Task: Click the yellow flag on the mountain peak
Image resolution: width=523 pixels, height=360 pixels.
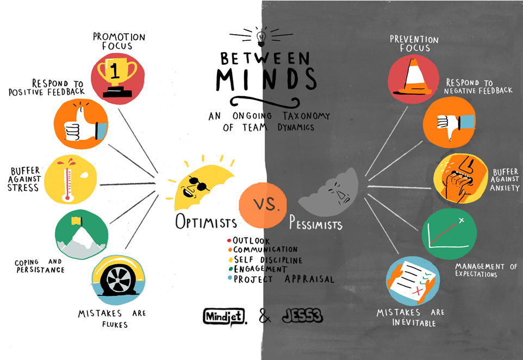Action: [x=76, y=221]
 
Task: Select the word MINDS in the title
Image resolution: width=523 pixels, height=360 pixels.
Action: [x=266, y=79]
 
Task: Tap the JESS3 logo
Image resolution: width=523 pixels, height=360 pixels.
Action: [x=302, y=315]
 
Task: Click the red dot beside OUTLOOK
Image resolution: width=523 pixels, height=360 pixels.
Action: [x=229, y=240]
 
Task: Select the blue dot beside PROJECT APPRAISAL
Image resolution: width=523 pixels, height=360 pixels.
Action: [x=230, y=277]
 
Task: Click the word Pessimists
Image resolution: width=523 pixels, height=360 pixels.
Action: [x=315, y=223]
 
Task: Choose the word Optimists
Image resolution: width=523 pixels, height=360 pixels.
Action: [x=206, y=221]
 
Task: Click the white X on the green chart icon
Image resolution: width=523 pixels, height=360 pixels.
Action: [x=462, y=220]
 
